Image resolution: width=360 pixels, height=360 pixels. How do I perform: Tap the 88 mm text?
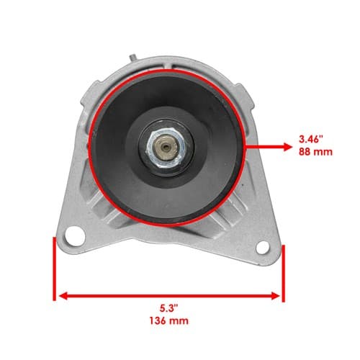(315, 152)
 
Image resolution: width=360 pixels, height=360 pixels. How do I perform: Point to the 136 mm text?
(169, 321)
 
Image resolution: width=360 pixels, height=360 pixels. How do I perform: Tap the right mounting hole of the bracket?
(263, 248)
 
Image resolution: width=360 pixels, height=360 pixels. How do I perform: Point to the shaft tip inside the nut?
(166, 147)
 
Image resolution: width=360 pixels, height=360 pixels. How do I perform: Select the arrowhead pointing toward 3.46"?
(287, 147)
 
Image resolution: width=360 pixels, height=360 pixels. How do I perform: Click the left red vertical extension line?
(55, 269)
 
